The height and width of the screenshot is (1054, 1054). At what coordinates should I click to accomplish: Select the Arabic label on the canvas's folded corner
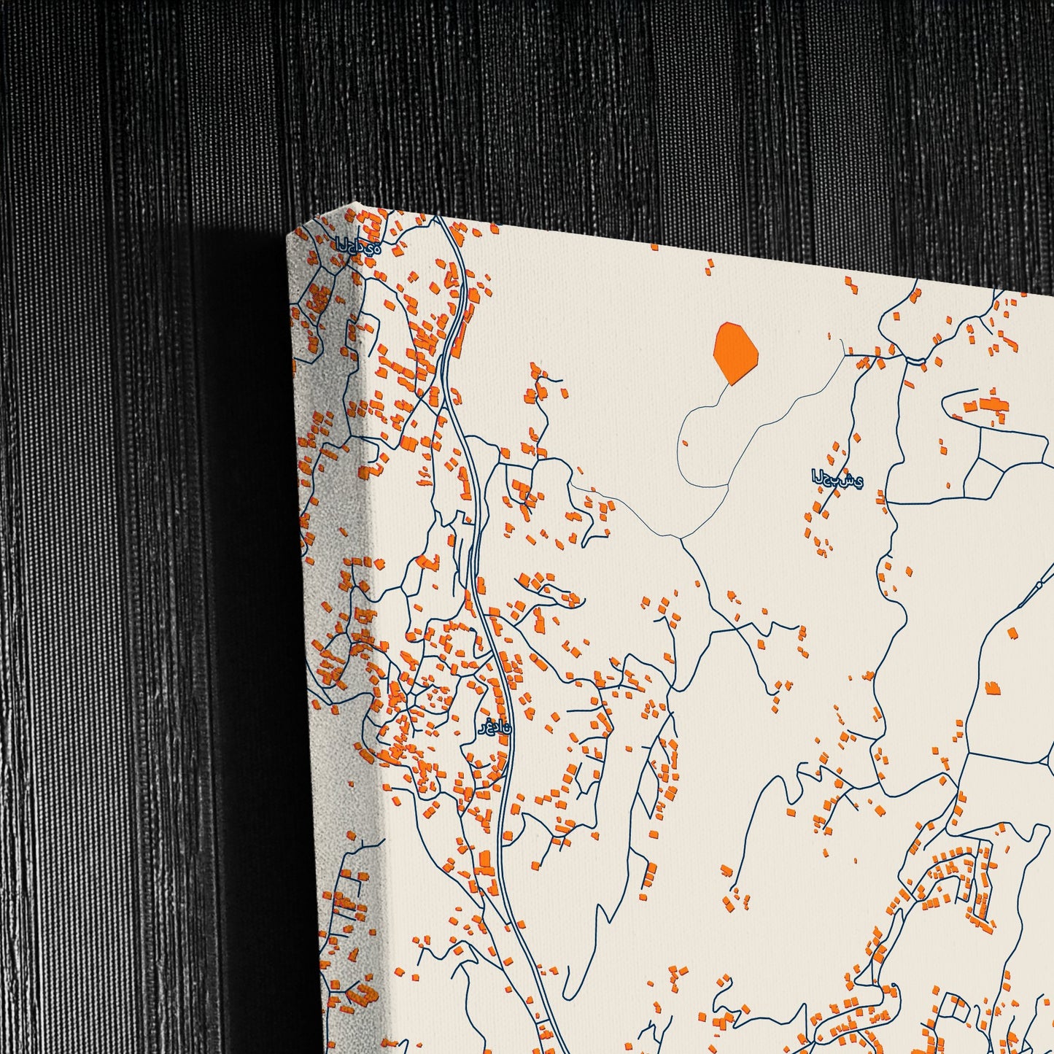pyautogui.click(x=357, y=247)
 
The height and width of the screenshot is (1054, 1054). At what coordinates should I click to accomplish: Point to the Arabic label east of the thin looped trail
pyautogui.click(x=837, y=480)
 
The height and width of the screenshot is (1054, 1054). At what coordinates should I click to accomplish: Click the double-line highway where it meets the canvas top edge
pyautogui.click(x=439, y=217)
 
